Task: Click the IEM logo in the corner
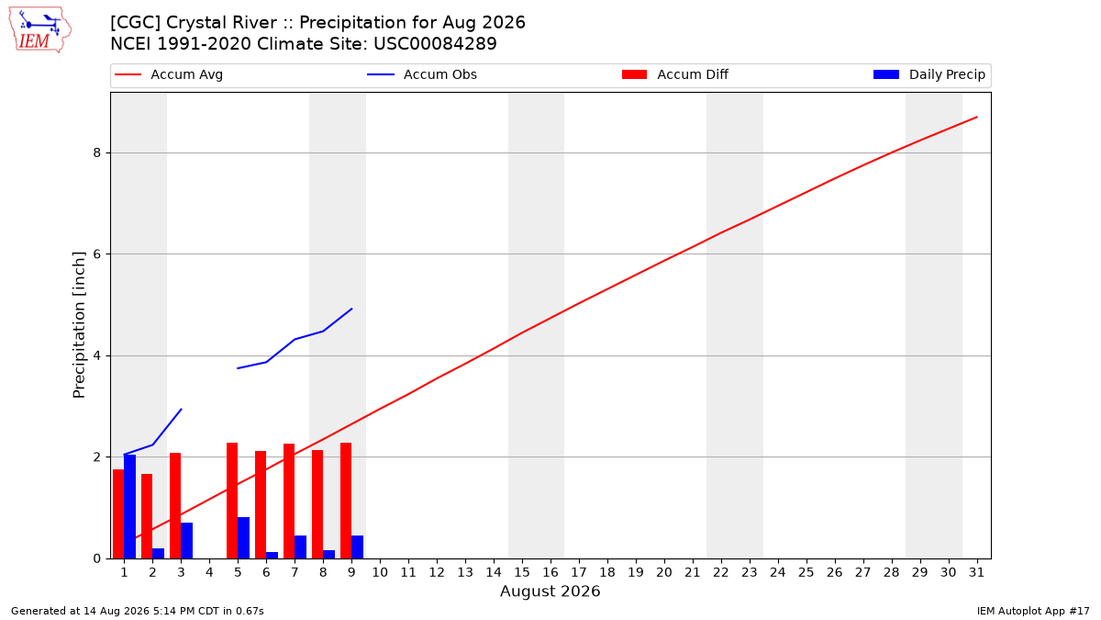click(x=40, y=29)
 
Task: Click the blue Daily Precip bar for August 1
click(x=129, y=506)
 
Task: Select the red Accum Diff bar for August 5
click(x=232, y=501)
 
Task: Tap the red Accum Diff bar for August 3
click(x=175, y=506)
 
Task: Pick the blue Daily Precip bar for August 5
click(x=244, y=538)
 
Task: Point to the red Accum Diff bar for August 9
click(x=346, y=501)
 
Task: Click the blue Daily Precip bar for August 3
click(x=187, y=540)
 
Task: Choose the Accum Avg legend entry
click(x=169, y=74)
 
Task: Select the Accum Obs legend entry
click(x=422, y=74)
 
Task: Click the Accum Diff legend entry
click(x=675, y=74)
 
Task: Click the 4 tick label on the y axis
click(x=97, y=355)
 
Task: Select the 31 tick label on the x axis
click(x=976, y=572)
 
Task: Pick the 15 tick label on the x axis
click(x=522, y=572)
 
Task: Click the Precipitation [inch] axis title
click(x=79, y=325)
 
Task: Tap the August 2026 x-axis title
click(x=550, y=591)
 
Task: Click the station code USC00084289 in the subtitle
click(x=435, y=44)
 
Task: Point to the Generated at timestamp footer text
click(x=137, y=611)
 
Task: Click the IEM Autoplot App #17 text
click(x=1033, y=611)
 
